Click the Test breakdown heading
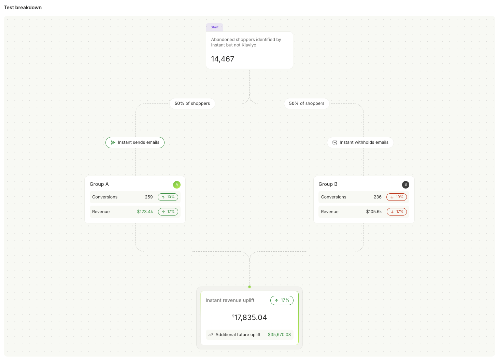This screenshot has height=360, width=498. click(x=23, y=8)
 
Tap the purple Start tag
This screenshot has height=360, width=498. click(x=215, y=27)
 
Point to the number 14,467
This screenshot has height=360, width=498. click(x=223, y=59)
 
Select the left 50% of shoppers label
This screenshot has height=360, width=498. click(x=192, y=103)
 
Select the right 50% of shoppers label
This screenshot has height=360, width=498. click(x=307, y=103)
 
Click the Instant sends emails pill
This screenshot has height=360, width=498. click(x=135, y=143)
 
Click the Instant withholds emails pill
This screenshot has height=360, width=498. click(x=360, y=143)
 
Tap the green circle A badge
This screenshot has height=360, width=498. click(x=177, y=185)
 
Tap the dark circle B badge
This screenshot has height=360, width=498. click(x=405, y=185)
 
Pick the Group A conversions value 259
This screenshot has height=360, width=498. click(x=149, y=197)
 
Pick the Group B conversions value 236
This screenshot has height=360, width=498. click(x=378, y=197)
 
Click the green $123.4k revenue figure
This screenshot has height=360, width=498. click(x=145, y=212)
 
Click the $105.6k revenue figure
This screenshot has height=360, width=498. click(x=374, y=212)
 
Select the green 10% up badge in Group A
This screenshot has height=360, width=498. click(x=168, y=197)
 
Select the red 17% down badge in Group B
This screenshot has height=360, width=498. click(x=397, y=212)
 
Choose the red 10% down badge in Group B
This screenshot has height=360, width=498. click(x=397, y=197)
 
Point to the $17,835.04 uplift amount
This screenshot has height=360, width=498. click(x=250, y=318)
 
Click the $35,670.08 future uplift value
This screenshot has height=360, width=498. click(x=279, y=335)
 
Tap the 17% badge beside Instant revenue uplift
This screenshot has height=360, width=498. click(x=282, y=301)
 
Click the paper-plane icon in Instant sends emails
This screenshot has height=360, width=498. click(x=113, y=143)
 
